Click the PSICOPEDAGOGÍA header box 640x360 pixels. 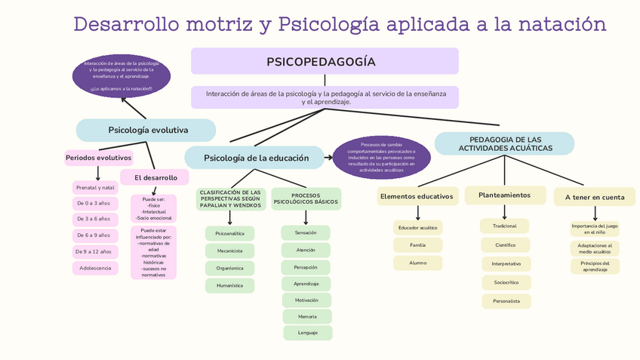point(325,61)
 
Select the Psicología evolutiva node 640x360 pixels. point(146,130)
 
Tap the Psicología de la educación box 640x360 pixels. point(255,158)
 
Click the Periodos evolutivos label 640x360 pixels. point(98,158)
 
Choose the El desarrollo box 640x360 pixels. point(155,177)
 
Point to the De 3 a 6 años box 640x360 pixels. point(94,219)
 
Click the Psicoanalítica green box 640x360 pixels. point(229,233)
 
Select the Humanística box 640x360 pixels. point(229,285)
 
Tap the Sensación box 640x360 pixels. point(306,232)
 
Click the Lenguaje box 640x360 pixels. point(307,332)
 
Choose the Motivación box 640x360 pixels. point(306,300)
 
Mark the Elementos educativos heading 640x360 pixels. point(417,196)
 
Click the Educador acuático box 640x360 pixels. point(417,227)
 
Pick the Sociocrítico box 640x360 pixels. point(506,282)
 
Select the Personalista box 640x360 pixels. point(506,301)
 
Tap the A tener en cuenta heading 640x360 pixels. point(594,197)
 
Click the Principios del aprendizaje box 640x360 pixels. point(595,266)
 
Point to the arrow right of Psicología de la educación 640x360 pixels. point(328,158)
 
